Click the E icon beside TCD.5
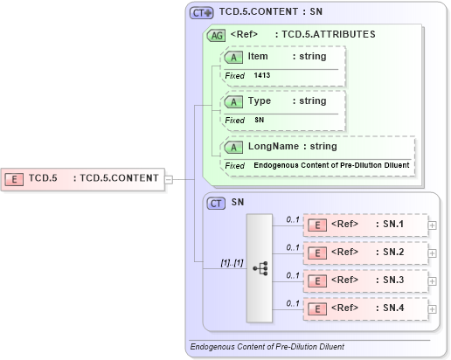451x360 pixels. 15,178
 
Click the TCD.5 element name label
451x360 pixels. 43,178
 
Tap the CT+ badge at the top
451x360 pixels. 202,13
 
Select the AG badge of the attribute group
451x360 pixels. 215,36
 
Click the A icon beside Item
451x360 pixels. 234,57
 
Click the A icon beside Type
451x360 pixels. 234,101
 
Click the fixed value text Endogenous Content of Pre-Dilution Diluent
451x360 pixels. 331,165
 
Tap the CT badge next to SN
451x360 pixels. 216,203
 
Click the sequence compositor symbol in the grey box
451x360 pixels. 260,268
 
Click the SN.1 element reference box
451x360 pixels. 365,225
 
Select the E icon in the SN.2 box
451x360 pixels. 319,253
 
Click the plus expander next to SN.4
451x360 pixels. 433,308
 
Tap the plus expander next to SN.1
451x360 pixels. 433,225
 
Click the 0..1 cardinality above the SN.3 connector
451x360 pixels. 293,274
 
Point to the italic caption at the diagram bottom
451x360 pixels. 267,347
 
